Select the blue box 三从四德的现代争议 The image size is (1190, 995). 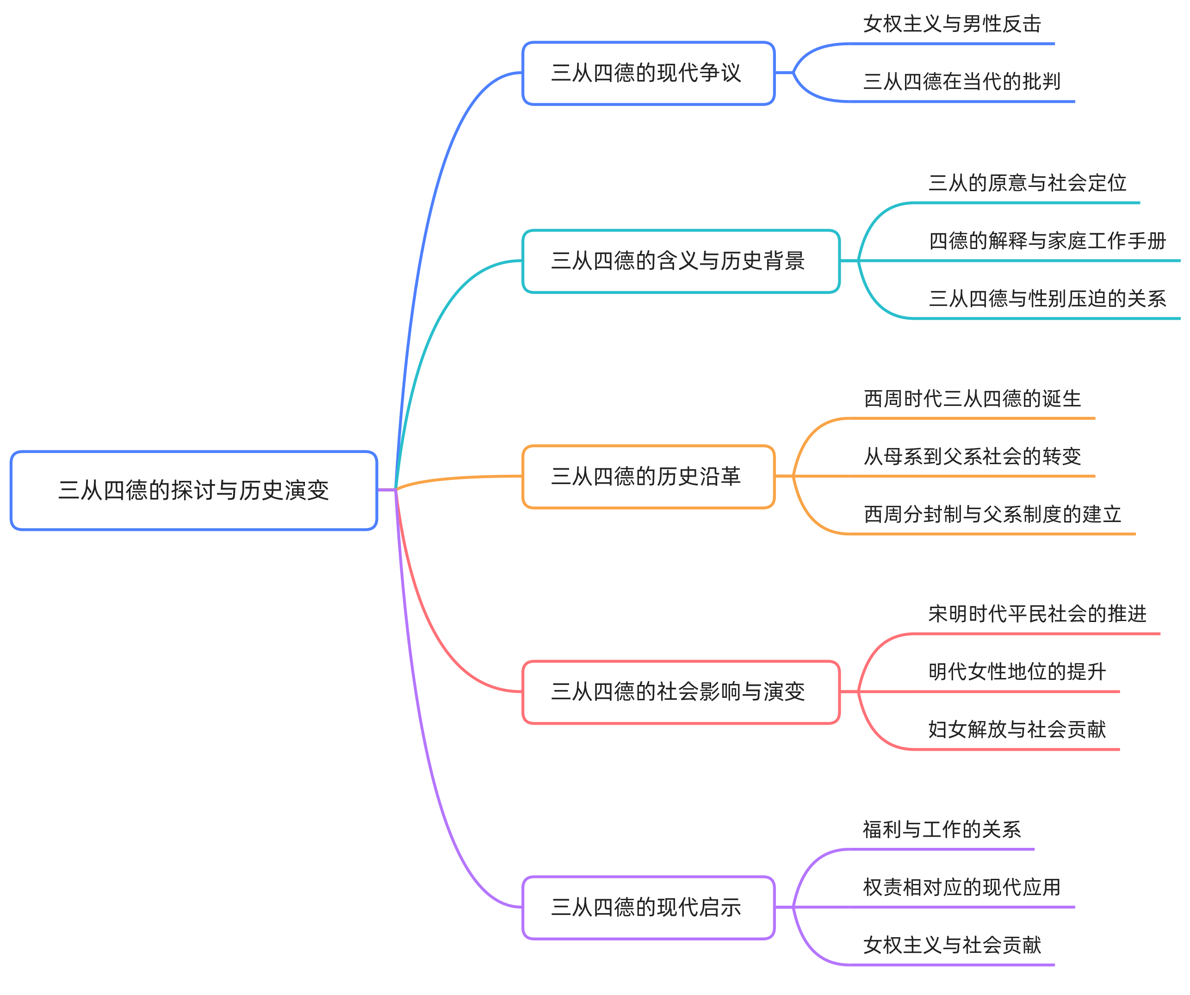click(648, 73)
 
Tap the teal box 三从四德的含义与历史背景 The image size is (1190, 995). click(681, 261)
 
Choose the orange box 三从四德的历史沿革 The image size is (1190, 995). click(648, 477)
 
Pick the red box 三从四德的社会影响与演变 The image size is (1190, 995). click(681, 692)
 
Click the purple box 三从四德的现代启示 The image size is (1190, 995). click(648, 907)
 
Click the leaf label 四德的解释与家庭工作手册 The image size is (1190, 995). click(1047, 242)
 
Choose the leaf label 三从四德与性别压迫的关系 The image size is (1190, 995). click(1047, 299)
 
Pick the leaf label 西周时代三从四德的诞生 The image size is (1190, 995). click(973, 399)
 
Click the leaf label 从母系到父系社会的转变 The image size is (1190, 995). click(973, 457)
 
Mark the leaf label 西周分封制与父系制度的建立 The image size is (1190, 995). click(992, 515)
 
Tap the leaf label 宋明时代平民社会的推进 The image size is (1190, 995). click(1037, 614)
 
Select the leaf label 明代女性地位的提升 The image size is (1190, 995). click(1017, 672)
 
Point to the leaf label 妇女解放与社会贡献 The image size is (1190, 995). click(1017, 730)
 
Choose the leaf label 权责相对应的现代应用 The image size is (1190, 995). click(961, 888)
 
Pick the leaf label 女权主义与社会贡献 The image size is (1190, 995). click(952, 945)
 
